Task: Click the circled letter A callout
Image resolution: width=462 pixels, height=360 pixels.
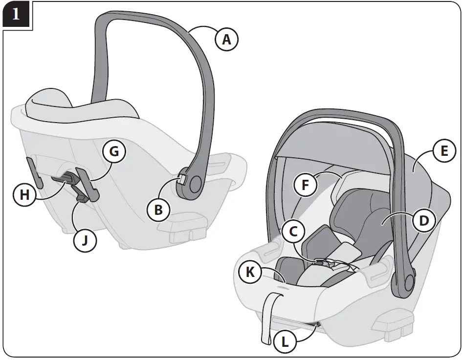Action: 226,39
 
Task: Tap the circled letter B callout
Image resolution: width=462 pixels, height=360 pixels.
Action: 159,210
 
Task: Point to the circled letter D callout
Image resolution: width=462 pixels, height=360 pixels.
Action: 424,221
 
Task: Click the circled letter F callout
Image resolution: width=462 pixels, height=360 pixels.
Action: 306,186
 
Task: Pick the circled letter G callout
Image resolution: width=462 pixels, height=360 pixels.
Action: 113,151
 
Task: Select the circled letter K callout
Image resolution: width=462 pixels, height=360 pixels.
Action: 250,273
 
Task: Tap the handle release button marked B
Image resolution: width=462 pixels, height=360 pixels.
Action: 181,179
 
